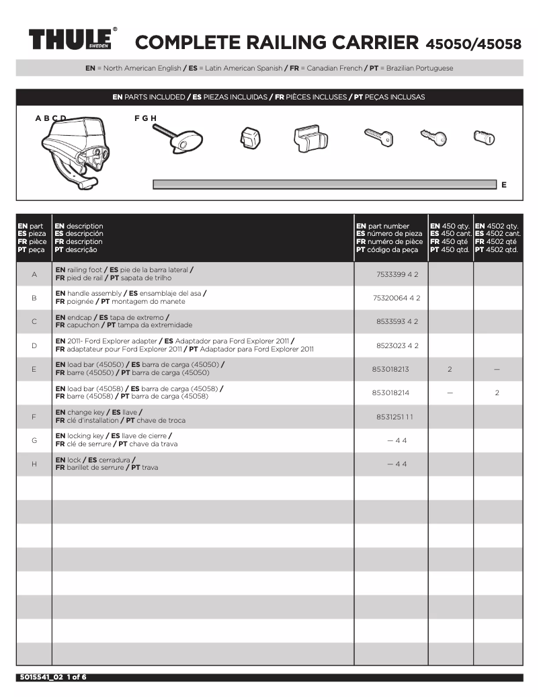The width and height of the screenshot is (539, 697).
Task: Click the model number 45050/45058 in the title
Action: point(473,44)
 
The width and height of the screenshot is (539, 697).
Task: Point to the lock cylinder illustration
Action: point(485,137)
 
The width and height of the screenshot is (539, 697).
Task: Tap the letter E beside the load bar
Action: point(504,184)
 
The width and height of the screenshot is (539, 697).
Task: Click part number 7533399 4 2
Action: point(397,274)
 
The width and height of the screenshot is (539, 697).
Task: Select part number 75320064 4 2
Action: point(397,298)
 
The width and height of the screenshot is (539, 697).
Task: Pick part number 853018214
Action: point(390,393)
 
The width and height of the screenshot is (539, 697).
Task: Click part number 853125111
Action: point(395,417)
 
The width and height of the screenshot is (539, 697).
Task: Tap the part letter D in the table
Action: point(34,345)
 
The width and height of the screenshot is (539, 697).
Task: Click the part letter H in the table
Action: point(34,464)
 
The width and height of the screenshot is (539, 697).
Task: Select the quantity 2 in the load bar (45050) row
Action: point(450,369)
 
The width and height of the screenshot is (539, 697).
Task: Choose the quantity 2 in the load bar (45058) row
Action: point(497,393)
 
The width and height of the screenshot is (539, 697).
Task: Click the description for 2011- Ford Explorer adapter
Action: point(185,345)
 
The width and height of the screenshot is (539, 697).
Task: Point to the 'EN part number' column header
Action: point(383,226)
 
